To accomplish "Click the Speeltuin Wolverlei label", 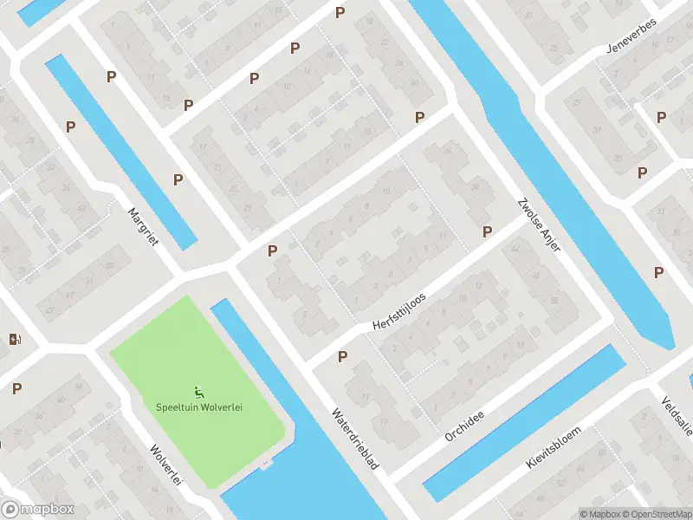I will [199, 407].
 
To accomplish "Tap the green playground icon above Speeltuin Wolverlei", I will [199, 392].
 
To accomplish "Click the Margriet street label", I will [143, 226].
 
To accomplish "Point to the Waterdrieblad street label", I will [356, 440].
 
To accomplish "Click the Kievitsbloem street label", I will [553, 447].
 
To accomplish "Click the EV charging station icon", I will [13, 339].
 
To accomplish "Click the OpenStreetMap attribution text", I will [655, 514].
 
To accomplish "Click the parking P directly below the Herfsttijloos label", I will [342, 356].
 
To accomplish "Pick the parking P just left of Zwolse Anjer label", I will [487, 231].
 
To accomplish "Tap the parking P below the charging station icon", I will [16, 388].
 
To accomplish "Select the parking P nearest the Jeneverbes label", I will [661, 117].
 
